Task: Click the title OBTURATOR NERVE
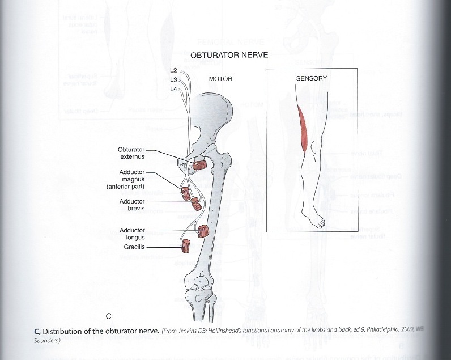click(x=226, y=56)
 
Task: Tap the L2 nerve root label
click(x=174, y=70)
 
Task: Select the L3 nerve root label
click(x=174, y=80)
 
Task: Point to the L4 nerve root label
click(x=174, y=90)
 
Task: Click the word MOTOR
click(x=221, y=79)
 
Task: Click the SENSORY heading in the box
click(x=312, y=78)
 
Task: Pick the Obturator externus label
click(x=131, y=153)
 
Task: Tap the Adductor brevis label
click(x=133, y=205)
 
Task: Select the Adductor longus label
click(x=133, y=234)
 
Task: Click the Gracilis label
click(x=134, y=247)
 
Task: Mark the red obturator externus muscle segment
click(x=199, y=166)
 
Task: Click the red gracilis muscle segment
click(x=186, y=246)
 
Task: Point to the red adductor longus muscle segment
click(x=204, y=231)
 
